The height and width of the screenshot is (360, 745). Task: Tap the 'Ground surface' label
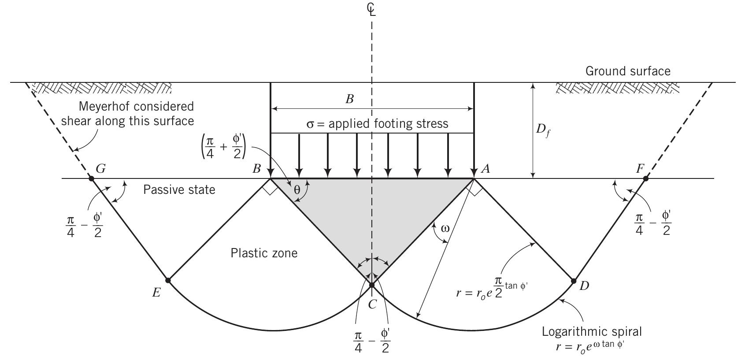pos(627,71)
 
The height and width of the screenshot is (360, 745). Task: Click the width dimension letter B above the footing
pos(349,99)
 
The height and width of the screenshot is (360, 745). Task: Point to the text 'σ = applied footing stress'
pos(377,124)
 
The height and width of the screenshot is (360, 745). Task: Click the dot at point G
pos(92,178)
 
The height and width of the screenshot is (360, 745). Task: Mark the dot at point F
pos(645,178)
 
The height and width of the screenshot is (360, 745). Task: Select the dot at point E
pos(168,280)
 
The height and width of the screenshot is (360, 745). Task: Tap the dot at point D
pos(574,281)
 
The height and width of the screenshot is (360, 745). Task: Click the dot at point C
pos(372,285)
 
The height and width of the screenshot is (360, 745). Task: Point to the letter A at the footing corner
pos(486,168)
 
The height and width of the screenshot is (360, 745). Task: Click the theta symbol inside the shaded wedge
pos(297,190)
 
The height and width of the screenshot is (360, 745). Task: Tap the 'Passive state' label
pos(179,189)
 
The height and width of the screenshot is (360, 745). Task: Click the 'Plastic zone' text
pos(264,253)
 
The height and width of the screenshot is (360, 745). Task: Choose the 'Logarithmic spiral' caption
pos(592,331)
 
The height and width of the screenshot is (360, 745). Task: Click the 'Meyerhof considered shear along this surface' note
pos(128,114)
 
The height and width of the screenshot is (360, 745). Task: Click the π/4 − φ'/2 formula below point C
pos(372,342)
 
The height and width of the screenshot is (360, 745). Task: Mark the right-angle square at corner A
pos(474,189)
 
